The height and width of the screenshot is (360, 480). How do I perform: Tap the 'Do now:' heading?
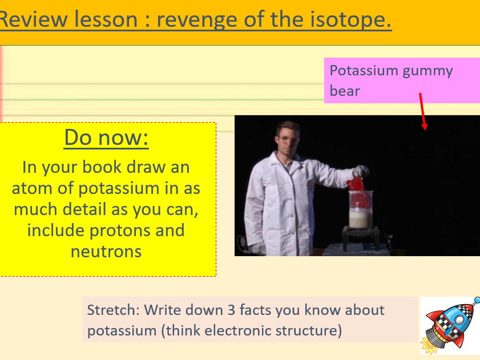pyautogui.click(x=107, y=137)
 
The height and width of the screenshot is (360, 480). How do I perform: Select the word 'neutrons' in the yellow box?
pyautogui.click(x=106, y=251)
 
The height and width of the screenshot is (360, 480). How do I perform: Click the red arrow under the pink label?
pyautogui.click(x=422, y=111)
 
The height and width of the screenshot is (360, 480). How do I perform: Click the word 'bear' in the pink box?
pyautogui.click(x=345, y=91)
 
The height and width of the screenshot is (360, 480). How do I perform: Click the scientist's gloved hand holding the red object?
pyautogui.click(x=361, y=171)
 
